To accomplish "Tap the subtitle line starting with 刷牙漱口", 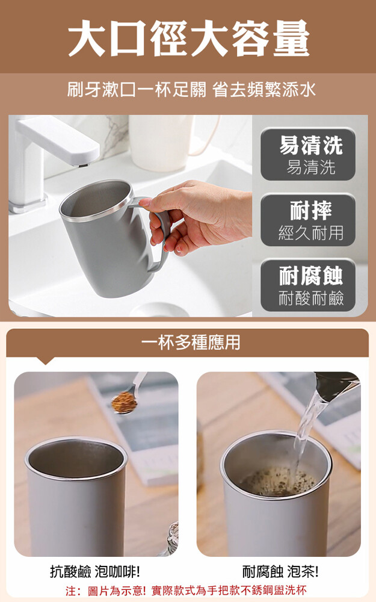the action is (x=192, y=90).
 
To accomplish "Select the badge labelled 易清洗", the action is (x=308, y=154).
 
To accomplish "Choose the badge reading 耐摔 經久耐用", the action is (x=308, y=220).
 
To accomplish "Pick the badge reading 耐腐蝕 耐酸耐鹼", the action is (x=308, y=285).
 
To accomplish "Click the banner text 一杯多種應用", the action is (x=191, y=342).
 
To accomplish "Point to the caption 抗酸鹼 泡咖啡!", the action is (x=95, y=572).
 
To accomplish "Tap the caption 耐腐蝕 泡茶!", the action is (x=280, y=572).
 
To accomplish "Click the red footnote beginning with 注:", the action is (x=186, y=590).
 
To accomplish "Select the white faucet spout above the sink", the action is (x=58, y=140).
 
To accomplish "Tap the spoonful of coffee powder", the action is (x=125, y=402).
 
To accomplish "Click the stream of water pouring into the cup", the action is (x=306, y=434).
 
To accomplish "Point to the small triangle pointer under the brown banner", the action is (x=45, y=361).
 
